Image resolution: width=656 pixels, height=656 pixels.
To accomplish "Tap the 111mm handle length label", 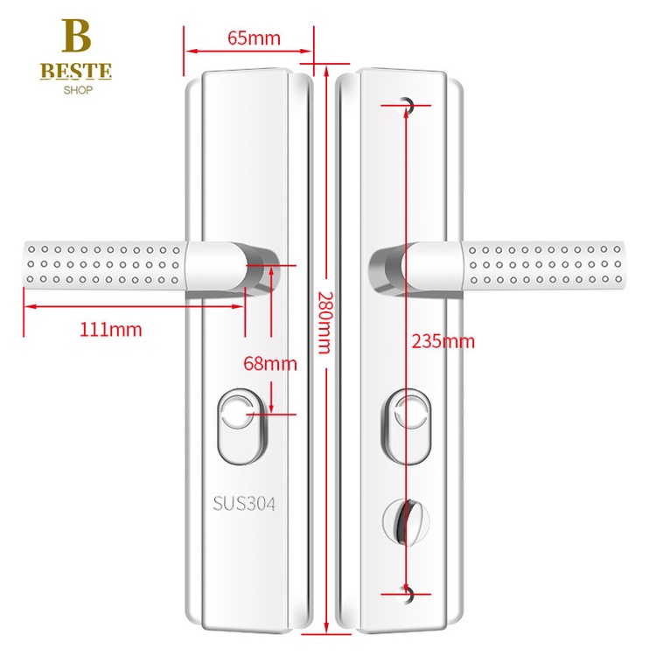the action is point(109,330).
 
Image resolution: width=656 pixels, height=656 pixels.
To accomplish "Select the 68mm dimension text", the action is point(269,363).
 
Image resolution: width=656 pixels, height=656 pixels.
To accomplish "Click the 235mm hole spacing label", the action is point(443,341).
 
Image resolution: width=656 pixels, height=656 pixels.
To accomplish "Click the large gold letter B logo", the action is point(76,38).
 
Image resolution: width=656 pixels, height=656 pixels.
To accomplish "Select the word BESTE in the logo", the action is point(76,71).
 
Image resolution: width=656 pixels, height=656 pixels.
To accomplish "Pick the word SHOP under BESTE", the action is point(76,89).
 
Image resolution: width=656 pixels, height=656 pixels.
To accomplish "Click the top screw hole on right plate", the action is point(407,105).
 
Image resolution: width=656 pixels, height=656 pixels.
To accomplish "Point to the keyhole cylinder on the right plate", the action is point(408,426).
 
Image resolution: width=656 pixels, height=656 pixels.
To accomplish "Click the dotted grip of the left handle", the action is point(101,263).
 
